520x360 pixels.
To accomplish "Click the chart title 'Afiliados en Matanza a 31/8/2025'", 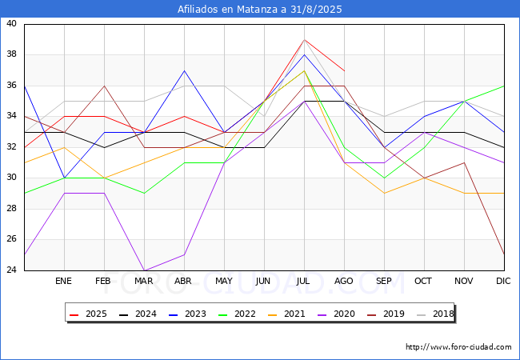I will pos(259,10).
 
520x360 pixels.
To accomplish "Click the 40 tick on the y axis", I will pos(12,24).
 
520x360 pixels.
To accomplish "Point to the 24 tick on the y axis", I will pos(12,270).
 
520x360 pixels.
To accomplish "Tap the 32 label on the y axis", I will pos(12,147).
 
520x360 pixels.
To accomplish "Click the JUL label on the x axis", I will pos(304,281).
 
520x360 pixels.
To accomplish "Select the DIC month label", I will pos(503,281).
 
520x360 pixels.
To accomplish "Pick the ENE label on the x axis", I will pos(64,281).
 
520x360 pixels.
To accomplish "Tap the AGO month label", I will pos(344,281).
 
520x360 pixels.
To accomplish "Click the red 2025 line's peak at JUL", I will pos(304,39).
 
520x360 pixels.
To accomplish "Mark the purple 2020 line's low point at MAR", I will pos(144,270).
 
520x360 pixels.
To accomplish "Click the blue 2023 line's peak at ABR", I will pos(184,70).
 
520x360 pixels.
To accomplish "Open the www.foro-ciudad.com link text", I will pos(458,347).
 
